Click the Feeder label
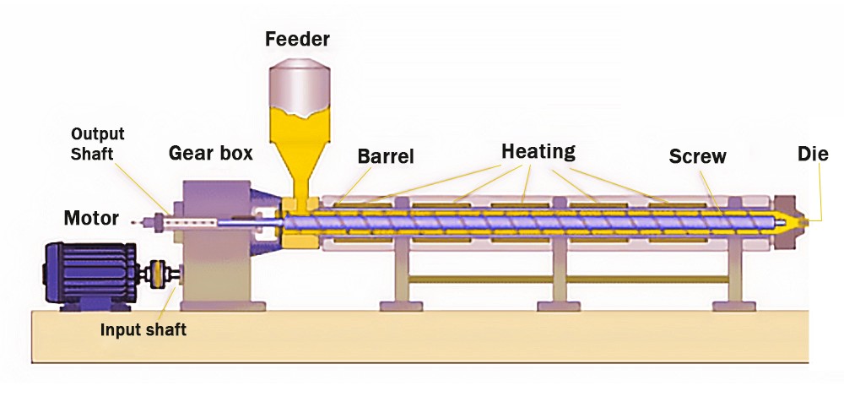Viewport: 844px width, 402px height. (x=297, y=39)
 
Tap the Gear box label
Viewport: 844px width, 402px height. (x=210, y=153)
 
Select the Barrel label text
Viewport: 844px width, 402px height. (x=386, y=156)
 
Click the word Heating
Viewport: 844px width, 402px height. (x=538, y=152)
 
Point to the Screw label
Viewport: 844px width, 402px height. (x=698, y=156)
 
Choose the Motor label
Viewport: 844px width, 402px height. (x=91, y=218)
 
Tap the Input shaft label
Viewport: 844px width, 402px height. (x=143, y=329)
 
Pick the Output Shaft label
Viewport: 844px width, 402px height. (x=97, y=144)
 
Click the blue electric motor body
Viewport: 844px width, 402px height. (x=90, y=275)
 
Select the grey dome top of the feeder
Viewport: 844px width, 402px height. (x=300, y=82)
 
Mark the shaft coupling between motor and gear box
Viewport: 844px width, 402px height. (x=157, y=274)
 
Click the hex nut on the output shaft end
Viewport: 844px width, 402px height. (x=159, y=222)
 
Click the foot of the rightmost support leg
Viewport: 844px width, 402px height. (x=733, y=306)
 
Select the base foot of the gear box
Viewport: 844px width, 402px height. (x=223, y=306)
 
